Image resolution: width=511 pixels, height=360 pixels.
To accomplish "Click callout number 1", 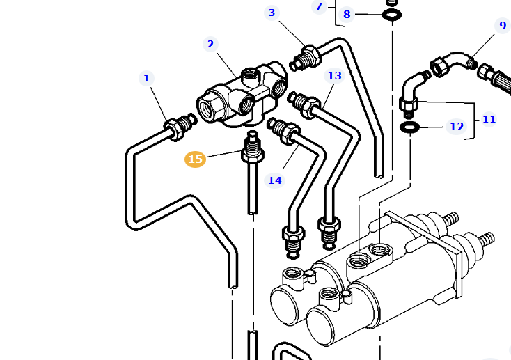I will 146,78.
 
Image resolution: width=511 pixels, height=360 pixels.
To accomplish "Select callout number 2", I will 210,44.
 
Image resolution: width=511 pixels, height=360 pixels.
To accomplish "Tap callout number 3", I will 272,13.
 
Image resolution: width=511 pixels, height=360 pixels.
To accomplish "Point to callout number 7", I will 319,7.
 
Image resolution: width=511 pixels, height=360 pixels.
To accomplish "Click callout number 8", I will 347,14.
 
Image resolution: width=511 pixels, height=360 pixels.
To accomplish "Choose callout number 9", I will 503,25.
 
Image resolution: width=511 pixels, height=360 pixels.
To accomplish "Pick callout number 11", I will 489,119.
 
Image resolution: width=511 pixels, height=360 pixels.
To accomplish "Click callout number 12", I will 456,126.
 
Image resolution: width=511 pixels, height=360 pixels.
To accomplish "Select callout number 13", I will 335,75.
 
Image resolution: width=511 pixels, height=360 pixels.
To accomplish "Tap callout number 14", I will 275,180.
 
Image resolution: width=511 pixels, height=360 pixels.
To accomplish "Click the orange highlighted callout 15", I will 195,159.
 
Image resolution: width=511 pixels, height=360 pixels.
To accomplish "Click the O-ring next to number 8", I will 392,15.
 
